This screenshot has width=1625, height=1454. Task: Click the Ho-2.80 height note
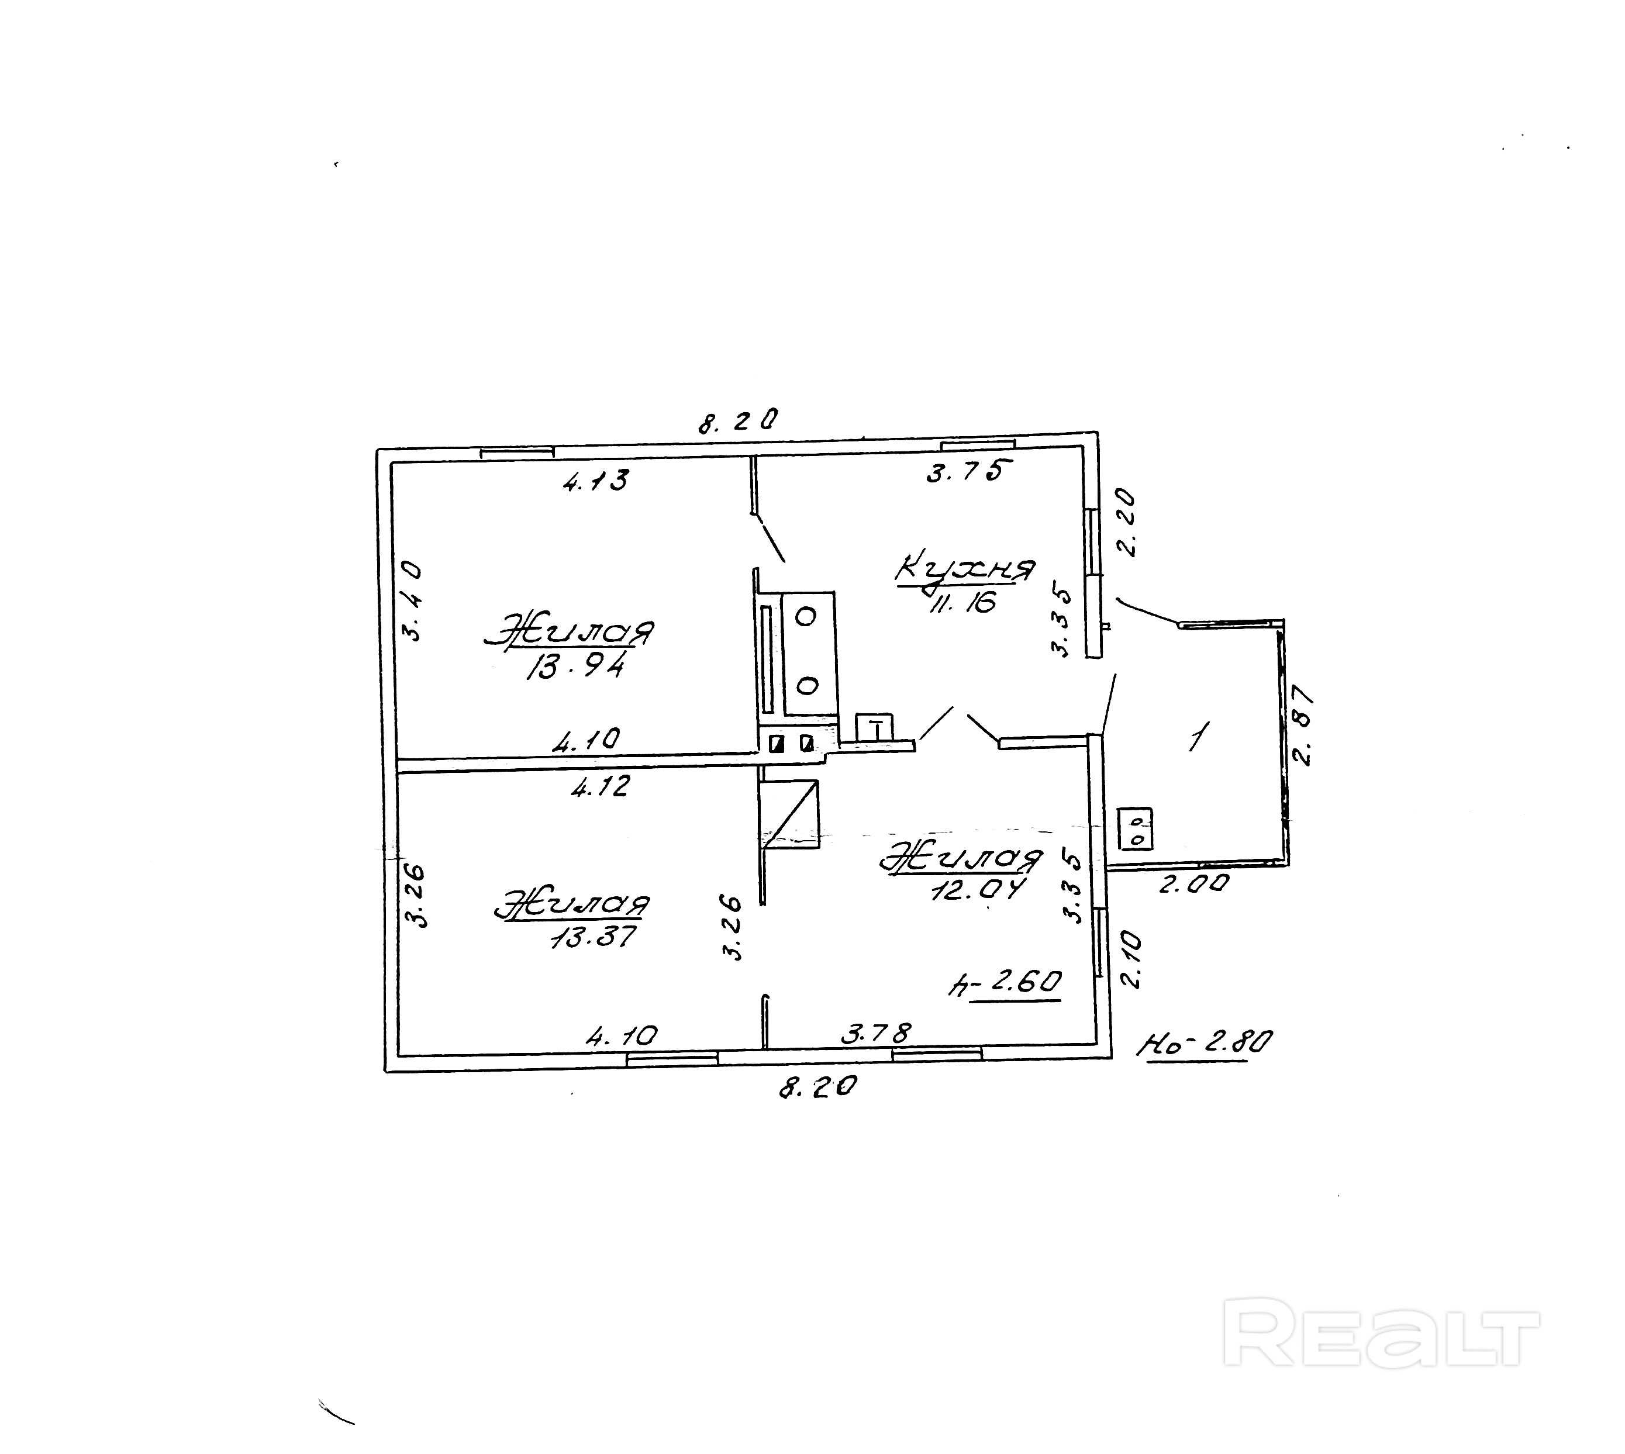click(x=1205, y=1042)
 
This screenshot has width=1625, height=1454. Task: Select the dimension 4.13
click(x=596, y=480)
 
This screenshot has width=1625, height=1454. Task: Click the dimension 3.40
click(x=412, y=601)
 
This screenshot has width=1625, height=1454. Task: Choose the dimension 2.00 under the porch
click(x=1193, y=883)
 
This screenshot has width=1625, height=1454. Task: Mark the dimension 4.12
click(x=601, y=787)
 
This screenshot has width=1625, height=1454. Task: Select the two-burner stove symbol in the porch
click(x=1136, y=829)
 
